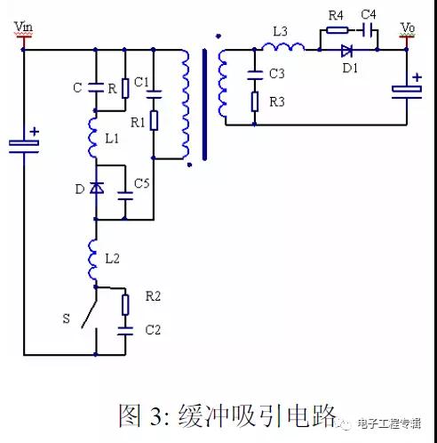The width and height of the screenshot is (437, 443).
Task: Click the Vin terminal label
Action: pos(23,27)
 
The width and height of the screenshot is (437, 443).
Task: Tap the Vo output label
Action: pos(408,28)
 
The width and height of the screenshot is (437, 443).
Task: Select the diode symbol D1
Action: pos(346,51)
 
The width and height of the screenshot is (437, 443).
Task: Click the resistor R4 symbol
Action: pos(338,29)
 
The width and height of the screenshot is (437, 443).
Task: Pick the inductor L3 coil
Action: pos(283,47)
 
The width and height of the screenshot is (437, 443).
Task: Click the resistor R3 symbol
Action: pos(255,101)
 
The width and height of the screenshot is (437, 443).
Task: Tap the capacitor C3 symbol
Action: pos(255,76)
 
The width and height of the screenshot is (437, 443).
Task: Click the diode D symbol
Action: pos(97,188)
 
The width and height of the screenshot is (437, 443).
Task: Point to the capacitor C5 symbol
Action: pos(125,196)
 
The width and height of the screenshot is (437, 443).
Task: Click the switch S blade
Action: pos(90,315)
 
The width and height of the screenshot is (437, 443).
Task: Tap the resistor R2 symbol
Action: pos(125,304)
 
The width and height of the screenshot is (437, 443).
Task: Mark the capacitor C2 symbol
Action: pos(125,331)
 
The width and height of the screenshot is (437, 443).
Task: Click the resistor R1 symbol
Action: pos(154,120)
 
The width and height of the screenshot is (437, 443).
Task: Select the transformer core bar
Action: pos(204,105)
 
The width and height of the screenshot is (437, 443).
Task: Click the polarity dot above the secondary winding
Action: pos(218,36)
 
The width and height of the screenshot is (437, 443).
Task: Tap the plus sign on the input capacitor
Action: pos(35,131)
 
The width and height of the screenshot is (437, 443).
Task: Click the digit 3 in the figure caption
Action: pos(156,415)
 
